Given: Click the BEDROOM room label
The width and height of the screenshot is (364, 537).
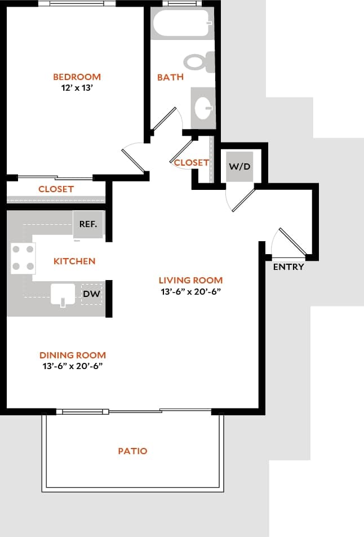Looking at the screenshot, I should click(x=77, y=77).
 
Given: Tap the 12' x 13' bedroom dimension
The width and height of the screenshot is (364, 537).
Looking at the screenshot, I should click(x=77, y=88).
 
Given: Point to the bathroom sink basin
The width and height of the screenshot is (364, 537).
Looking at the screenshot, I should click(x=203, y=106).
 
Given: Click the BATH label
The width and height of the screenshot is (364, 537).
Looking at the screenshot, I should click(x=170, y=77).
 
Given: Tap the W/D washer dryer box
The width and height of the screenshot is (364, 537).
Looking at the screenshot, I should click(x=239, y=167).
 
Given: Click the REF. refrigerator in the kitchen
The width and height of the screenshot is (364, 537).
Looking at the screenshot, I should click(x=88, y=224).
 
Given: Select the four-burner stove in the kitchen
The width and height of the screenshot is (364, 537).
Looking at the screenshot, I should click(x=23, y=258).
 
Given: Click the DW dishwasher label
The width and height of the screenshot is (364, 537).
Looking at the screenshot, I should click(x=91, y=294).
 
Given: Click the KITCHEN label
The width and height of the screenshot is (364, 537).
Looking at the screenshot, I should click(x=74, y=261).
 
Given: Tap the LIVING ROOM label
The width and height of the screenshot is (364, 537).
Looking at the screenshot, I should click(x=190, y=280).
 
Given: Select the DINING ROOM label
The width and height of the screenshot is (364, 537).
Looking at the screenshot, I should click(x=73, y=355).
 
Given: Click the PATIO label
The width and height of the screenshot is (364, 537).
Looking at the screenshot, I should click(x=132, y=451).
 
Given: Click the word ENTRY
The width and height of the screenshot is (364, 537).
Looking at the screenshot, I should click(x=288, y=267).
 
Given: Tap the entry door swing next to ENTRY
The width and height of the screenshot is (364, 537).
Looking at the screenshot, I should click(x=290, y=242).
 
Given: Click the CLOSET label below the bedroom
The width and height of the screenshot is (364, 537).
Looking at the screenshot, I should click(x=56, y=189).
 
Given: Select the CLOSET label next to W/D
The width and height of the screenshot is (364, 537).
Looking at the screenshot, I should click(x=192, y=162).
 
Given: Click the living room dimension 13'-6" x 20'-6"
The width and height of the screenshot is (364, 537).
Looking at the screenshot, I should click(x=190, y=291).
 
